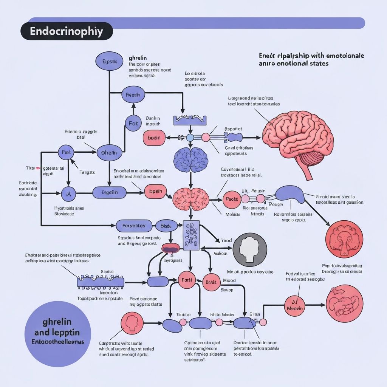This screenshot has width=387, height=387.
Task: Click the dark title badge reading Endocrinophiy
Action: pos(66,31)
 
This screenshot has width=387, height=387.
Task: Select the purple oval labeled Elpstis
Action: pos(110,61)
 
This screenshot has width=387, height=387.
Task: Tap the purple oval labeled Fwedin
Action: pos(133,95)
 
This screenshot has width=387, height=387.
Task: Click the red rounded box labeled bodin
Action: pos(154,138)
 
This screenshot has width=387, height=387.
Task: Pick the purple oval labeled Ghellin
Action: pos(109,153)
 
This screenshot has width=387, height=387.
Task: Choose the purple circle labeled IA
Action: pos(68,194)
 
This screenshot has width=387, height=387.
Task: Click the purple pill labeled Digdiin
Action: pos(110,193)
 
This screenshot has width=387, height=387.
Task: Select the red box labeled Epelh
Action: pos(155,192)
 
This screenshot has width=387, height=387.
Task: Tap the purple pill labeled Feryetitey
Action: pos(134,226)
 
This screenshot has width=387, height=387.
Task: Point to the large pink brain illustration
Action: pos(299,140)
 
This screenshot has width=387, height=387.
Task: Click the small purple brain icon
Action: pos(191,159)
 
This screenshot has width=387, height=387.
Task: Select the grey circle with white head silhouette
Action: pos(250,250)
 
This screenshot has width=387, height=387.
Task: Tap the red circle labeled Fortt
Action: pos(187,280)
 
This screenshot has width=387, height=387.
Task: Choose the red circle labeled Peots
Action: pos(231,199)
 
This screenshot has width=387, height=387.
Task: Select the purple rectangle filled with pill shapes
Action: pos(191,235)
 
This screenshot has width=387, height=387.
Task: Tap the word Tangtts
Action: pos(87,172)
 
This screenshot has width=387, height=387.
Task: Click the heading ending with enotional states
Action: pos(293,63)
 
